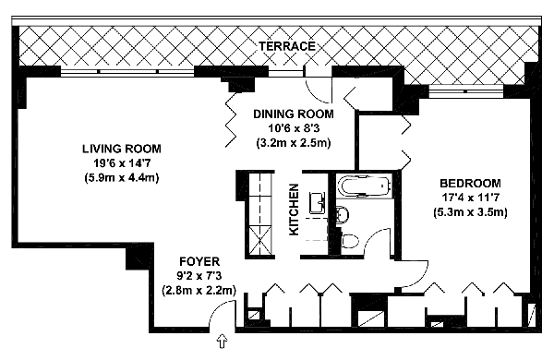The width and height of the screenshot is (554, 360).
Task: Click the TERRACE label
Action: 287,46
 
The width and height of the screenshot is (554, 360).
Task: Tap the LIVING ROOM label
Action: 122,149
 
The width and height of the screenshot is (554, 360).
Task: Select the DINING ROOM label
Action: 294,114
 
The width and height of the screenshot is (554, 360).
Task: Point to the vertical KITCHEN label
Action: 294,210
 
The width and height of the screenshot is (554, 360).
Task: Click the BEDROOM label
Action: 470,184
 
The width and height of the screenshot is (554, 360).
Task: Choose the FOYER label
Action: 199,261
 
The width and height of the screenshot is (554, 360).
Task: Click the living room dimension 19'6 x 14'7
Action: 122,162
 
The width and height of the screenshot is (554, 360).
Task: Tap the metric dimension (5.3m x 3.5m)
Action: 470,212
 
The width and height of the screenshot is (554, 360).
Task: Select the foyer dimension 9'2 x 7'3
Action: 199,276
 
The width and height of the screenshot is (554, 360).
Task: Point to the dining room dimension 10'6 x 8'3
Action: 294,128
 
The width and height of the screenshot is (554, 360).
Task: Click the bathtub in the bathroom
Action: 365,186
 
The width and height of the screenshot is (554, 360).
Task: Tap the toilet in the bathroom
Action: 350,241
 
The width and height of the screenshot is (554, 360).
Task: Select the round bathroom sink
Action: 343,214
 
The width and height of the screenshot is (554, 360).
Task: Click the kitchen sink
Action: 318,203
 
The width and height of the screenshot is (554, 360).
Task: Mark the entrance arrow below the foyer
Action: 222,342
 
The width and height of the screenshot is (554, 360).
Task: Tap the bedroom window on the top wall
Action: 465,91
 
